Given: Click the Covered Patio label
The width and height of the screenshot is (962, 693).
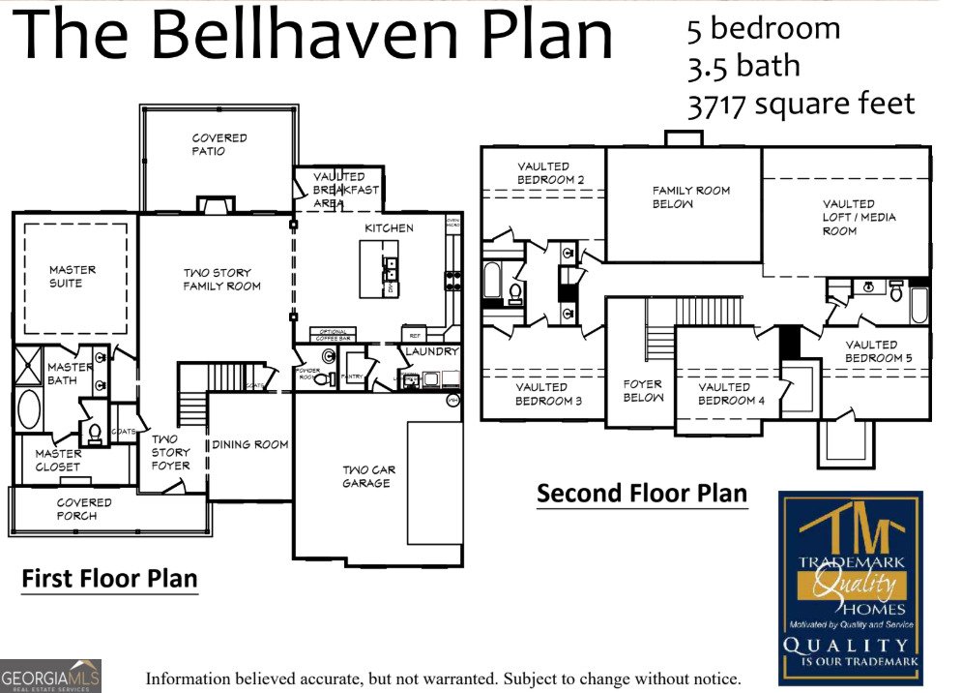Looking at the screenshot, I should point(219,145).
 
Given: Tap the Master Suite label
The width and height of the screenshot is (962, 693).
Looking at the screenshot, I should point(73,277).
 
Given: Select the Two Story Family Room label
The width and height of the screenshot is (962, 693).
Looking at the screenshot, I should point(222,280).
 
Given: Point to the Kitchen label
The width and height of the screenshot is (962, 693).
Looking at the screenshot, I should point(389,228).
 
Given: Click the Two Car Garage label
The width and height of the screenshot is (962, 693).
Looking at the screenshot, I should point(368,477).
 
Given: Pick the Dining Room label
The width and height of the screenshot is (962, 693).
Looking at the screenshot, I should point(250,445).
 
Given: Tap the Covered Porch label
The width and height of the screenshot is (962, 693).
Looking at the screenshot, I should point(84,509).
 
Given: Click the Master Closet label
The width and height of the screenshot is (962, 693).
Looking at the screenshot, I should point(58,461).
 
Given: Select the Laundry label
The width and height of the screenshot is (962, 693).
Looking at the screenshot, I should point(431,351).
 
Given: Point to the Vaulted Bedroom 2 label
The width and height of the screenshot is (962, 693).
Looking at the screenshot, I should point(550,173).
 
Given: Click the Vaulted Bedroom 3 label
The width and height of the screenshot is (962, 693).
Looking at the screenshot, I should point(548,395).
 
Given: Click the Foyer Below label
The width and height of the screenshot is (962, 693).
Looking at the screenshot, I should point(643,391).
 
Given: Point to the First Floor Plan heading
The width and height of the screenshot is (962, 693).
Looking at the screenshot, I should point(109,579).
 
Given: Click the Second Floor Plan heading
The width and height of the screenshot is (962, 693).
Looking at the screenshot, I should point(642,494).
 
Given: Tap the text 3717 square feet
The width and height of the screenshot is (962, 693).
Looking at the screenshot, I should point(801,104).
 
